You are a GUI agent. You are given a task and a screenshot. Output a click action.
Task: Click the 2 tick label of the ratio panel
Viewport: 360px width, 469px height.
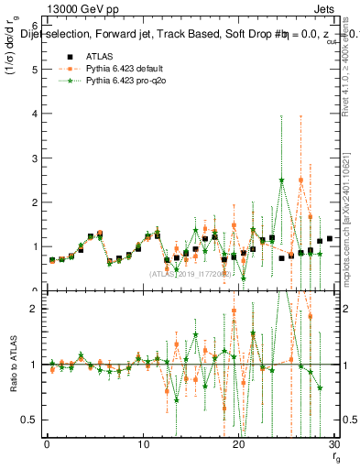[33, 309]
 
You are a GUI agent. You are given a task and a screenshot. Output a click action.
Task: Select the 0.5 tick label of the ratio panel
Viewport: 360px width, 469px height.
[29, 420]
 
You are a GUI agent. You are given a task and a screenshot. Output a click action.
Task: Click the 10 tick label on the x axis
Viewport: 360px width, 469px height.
[142, 445]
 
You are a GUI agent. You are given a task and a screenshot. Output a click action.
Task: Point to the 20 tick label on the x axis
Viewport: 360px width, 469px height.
[238, 445]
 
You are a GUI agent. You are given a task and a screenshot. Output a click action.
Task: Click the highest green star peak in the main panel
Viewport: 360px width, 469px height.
[281, 180]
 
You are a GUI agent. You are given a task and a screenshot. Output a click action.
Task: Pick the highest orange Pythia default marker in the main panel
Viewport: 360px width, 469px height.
[300, 180]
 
